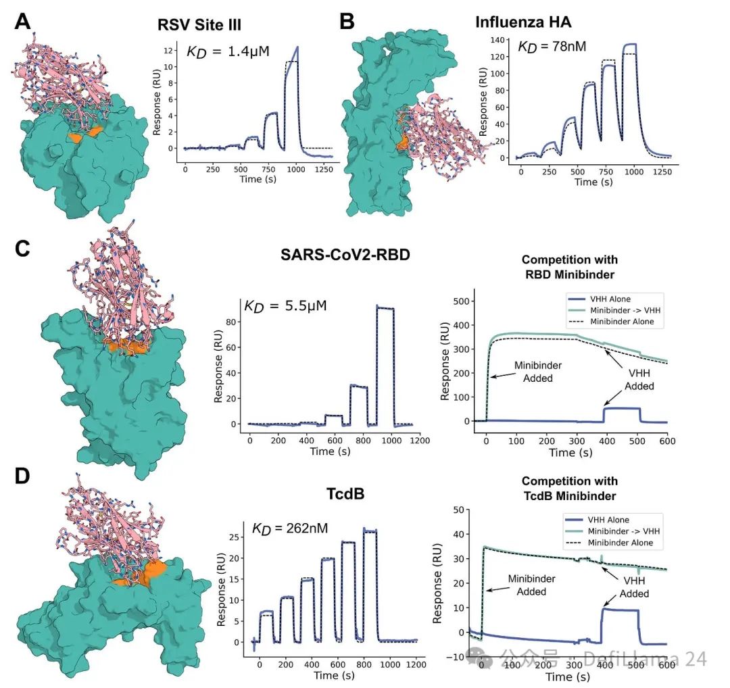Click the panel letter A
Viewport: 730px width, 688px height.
[22, 22]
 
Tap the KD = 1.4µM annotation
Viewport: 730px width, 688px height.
[228, 50]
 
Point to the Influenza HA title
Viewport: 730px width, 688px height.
[524, 23]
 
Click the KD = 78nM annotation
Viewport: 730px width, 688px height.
[552, 47]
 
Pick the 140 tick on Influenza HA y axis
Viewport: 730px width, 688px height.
[502, 39]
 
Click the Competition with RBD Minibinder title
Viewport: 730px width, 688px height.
[569, 266]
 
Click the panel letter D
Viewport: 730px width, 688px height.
[22, 476]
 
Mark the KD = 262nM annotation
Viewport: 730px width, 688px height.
[291, 528]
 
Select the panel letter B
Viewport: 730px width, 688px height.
[346, 22]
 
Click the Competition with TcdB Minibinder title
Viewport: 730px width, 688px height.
[569, 489]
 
